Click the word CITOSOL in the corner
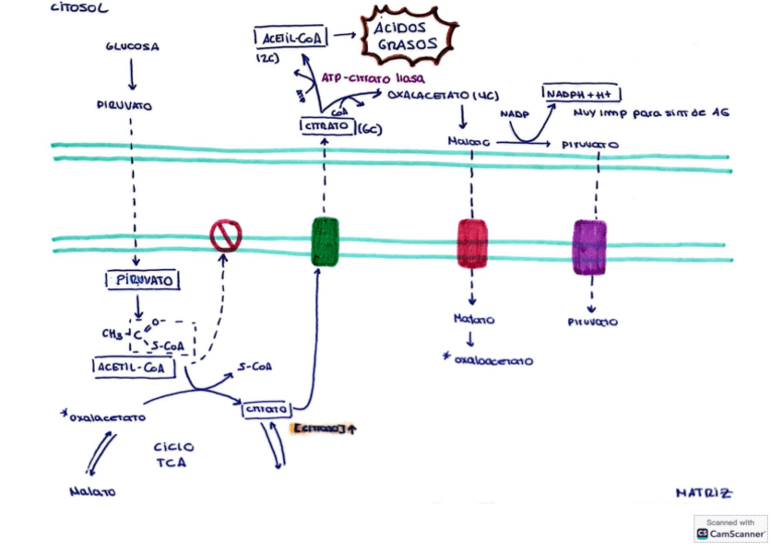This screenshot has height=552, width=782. pos(80,8)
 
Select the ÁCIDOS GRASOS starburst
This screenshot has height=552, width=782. pos(406,36)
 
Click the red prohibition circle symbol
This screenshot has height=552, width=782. pos(225,237)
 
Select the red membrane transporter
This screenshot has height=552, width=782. pos(472,244)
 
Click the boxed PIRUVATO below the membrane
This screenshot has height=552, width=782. pos(141,280)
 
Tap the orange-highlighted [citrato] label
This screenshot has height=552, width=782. pos(323,429)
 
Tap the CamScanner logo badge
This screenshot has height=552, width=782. pos(730,527)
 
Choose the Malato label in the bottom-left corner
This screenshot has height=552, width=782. pos(93,491)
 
